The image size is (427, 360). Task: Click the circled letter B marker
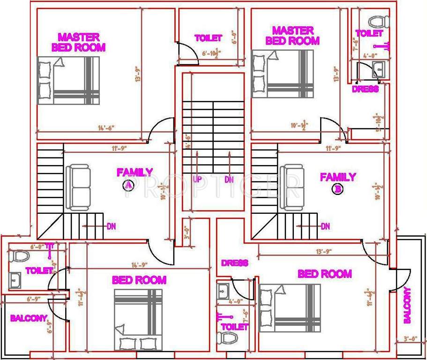337,189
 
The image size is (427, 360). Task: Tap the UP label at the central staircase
197,179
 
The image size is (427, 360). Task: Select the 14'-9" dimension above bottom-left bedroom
127,265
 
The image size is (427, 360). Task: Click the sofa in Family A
78,187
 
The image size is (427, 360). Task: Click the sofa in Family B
292,187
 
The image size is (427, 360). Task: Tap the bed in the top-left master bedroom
68,81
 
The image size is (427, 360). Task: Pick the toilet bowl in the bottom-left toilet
20,256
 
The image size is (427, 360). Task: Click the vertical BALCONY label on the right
407,305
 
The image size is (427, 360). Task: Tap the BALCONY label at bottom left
29,318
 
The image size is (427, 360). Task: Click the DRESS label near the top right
365,89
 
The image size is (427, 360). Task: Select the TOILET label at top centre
208,38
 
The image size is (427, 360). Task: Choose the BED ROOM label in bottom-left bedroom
139,280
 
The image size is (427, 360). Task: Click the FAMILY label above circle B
337,177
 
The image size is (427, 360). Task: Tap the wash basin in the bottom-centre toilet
223,291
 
